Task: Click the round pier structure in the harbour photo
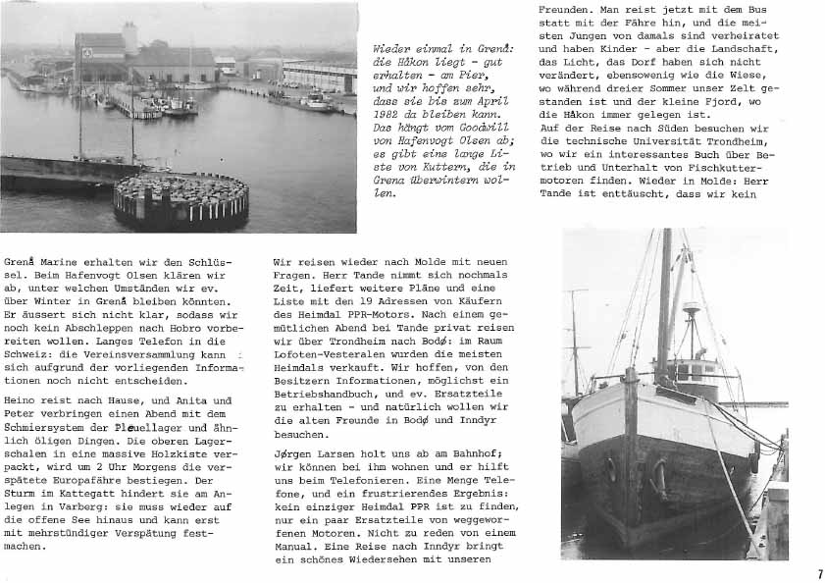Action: point(181,200)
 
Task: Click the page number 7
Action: point(819,574)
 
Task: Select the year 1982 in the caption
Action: point(391,113)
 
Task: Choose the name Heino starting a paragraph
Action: point(24,400)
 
